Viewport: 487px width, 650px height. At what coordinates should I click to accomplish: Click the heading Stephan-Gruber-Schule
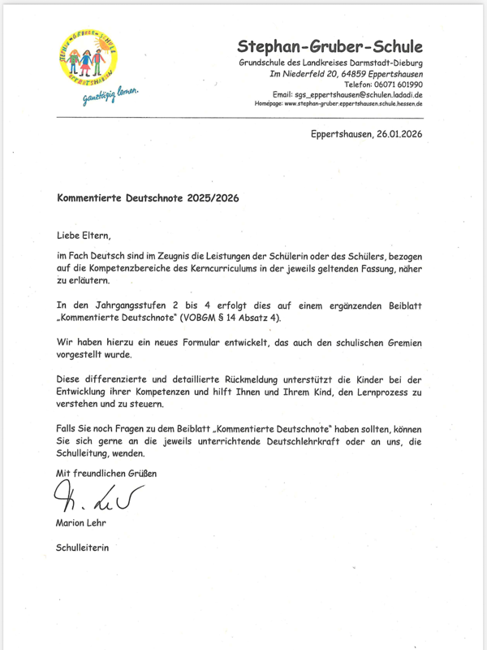pos(330,46)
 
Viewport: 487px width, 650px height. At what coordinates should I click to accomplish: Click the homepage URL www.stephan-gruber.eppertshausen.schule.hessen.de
pos(353,104)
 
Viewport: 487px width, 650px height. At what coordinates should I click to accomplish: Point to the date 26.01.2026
pos(396,134)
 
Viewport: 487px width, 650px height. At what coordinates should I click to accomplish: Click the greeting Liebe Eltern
pos(82,236)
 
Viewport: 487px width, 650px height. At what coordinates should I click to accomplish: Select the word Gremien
pos(403,343)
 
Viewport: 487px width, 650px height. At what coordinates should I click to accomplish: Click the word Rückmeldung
pos(258,379)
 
